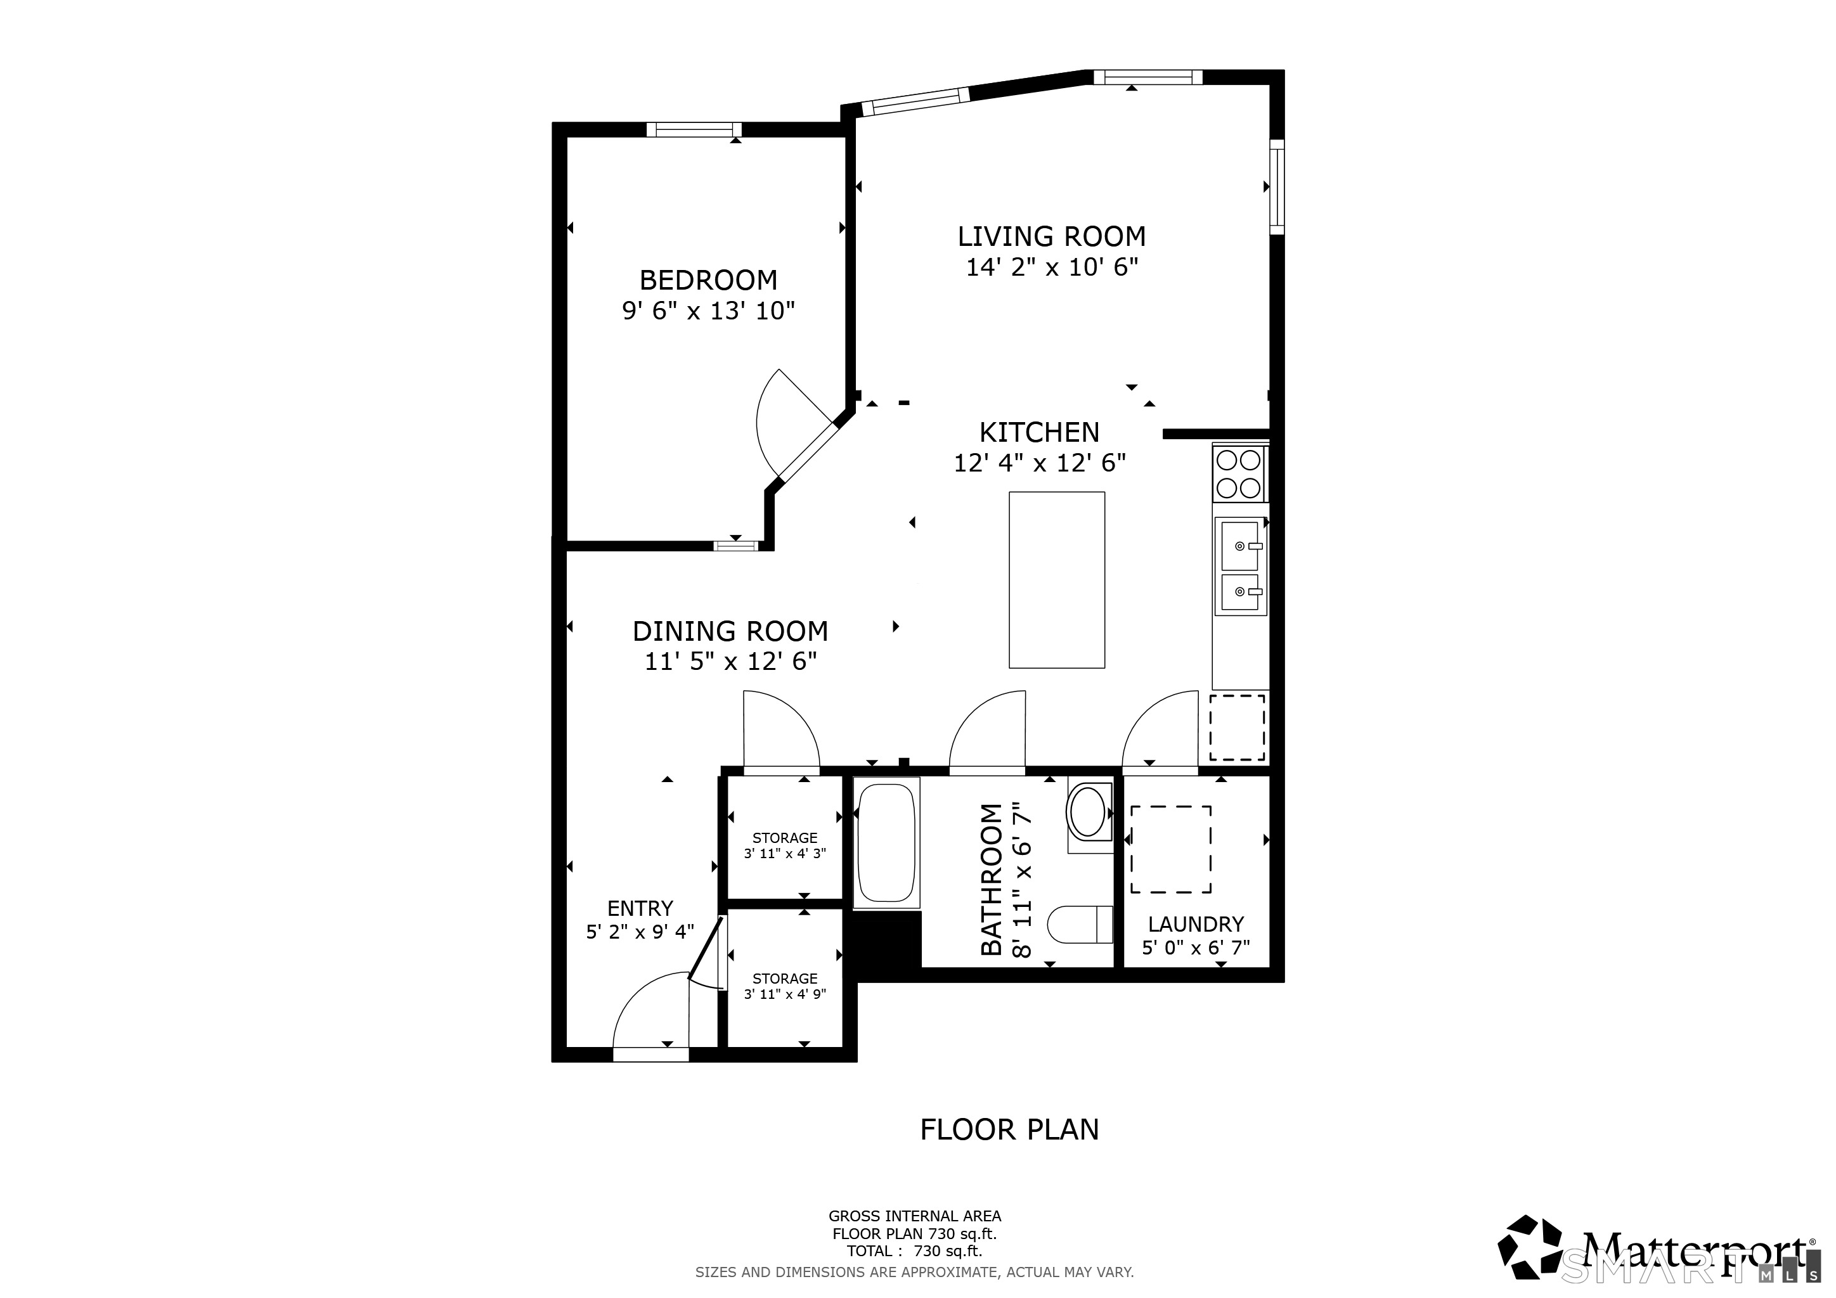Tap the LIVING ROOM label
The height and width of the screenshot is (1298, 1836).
(x=1052, y=236)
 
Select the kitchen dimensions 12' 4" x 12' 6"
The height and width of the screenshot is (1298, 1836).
(x=1040, y=463)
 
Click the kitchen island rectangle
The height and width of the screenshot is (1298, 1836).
(x=1056, y=579)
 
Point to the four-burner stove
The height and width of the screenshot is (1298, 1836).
(x=1239, y=473)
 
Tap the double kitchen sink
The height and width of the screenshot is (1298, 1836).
(x=1240, y=567)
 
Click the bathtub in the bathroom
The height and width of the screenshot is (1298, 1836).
(x=886, y=842)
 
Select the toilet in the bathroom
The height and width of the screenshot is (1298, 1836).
(x=1080, y=924)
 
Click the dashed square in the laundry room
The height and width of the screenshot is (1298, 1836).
(x=1170, y=849)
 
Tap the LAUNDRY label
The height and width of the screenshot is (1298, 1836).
(x=1196, y=924)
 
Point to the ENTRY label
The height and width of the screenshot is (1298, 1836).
(x=640, y=908)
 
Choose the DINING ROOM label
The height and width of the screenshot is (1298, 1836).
(x=730, y=631)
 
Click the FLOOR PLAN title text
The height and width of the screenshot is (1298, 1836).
(x=1009, y=1129)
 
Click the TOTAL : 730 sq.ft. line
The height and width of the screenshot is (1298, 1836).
(x=914, y=1251)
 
